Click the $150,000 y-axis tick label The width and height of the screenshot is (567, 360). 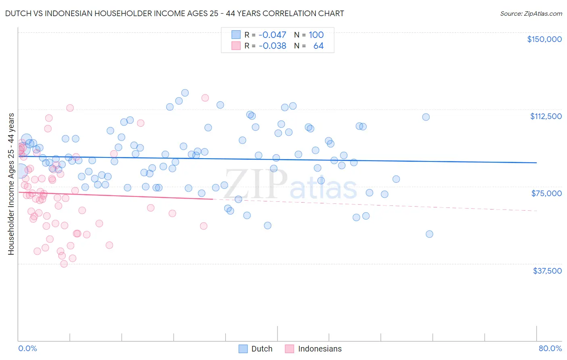pyautogui.click(x=544, y=39)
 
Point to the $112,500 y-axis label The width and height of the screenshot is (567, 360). pyautogui.click(x=546, y=116)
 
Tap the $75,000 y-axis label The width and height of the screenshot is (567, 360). pyautogui.click(x=546, y=193)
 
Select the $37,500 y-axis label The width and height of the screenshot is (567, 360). pyautogui.click(x=547, y=271)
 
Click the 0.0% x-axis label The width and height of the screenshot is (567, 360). pyautogui.click(x=27, y=348)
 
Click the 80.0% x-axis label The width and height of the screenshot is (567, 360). pyautogui.click(x=550, y=348)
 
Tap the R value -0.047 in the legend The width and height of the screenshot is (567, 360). pyautogui.click(x=272, y=35)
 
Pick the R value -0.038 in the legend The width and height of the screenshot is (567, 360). pyautogui.click(x=272, y=46)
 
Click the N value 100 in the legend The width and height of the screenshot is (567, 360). pyautogui.click(x=316, y=35)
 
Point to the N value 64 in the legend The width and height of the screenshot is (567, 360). pyautogui.click(x=318, y=46)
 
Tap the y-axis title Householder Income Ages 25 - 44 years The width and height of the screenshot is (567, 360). pyautogui.click(x=11, y=184)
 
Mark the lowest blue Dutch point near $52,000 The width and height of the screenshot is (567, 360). pyautogui.click(x=429, y=234)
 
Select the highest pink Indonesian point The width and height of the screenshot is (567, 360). pyautogui.click(x=205, y=98)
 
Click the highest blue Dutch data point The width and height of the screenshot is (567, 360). pyautogui.click(x=185, y=93)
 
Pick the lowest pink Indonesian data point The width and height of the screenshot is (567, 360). pyautogui.click(x=64, y=264)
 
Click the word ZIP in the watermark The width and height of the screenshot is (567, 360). pyautogui.click(x=256, y=184)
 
